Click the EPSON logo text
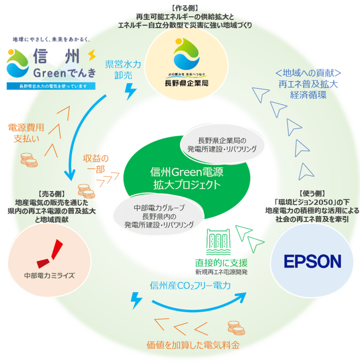click(x=312, y=261)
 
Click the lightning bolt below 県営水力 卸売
click(x=131, y=92)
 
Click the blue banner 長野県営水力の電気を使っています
click(x=50, y=86)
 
